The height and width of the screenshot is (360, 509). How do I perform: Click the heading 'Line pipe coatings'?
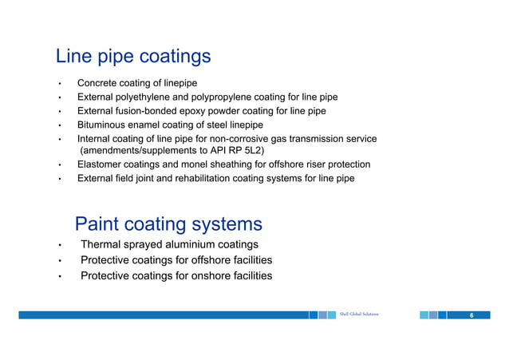pyautogui.click(x=132, y=57)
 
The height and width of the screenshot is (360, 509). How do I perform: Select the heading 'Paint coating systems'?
pyautogui.click(x=168, y=224)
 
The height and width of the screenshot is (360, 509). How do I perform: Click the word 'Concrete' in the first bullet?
pyautogui.click(x=97, y=84)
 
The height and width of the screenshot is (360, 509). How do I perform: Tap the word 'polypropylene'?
pyautogui.click(x=231, y=97)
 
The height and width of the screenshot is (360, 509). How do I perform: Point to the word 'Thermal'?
pyautogui.click(x=100, y=244)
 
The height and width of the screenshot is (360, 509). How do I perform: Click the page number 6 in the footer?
pyautogui.click(x=472, y=315)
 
